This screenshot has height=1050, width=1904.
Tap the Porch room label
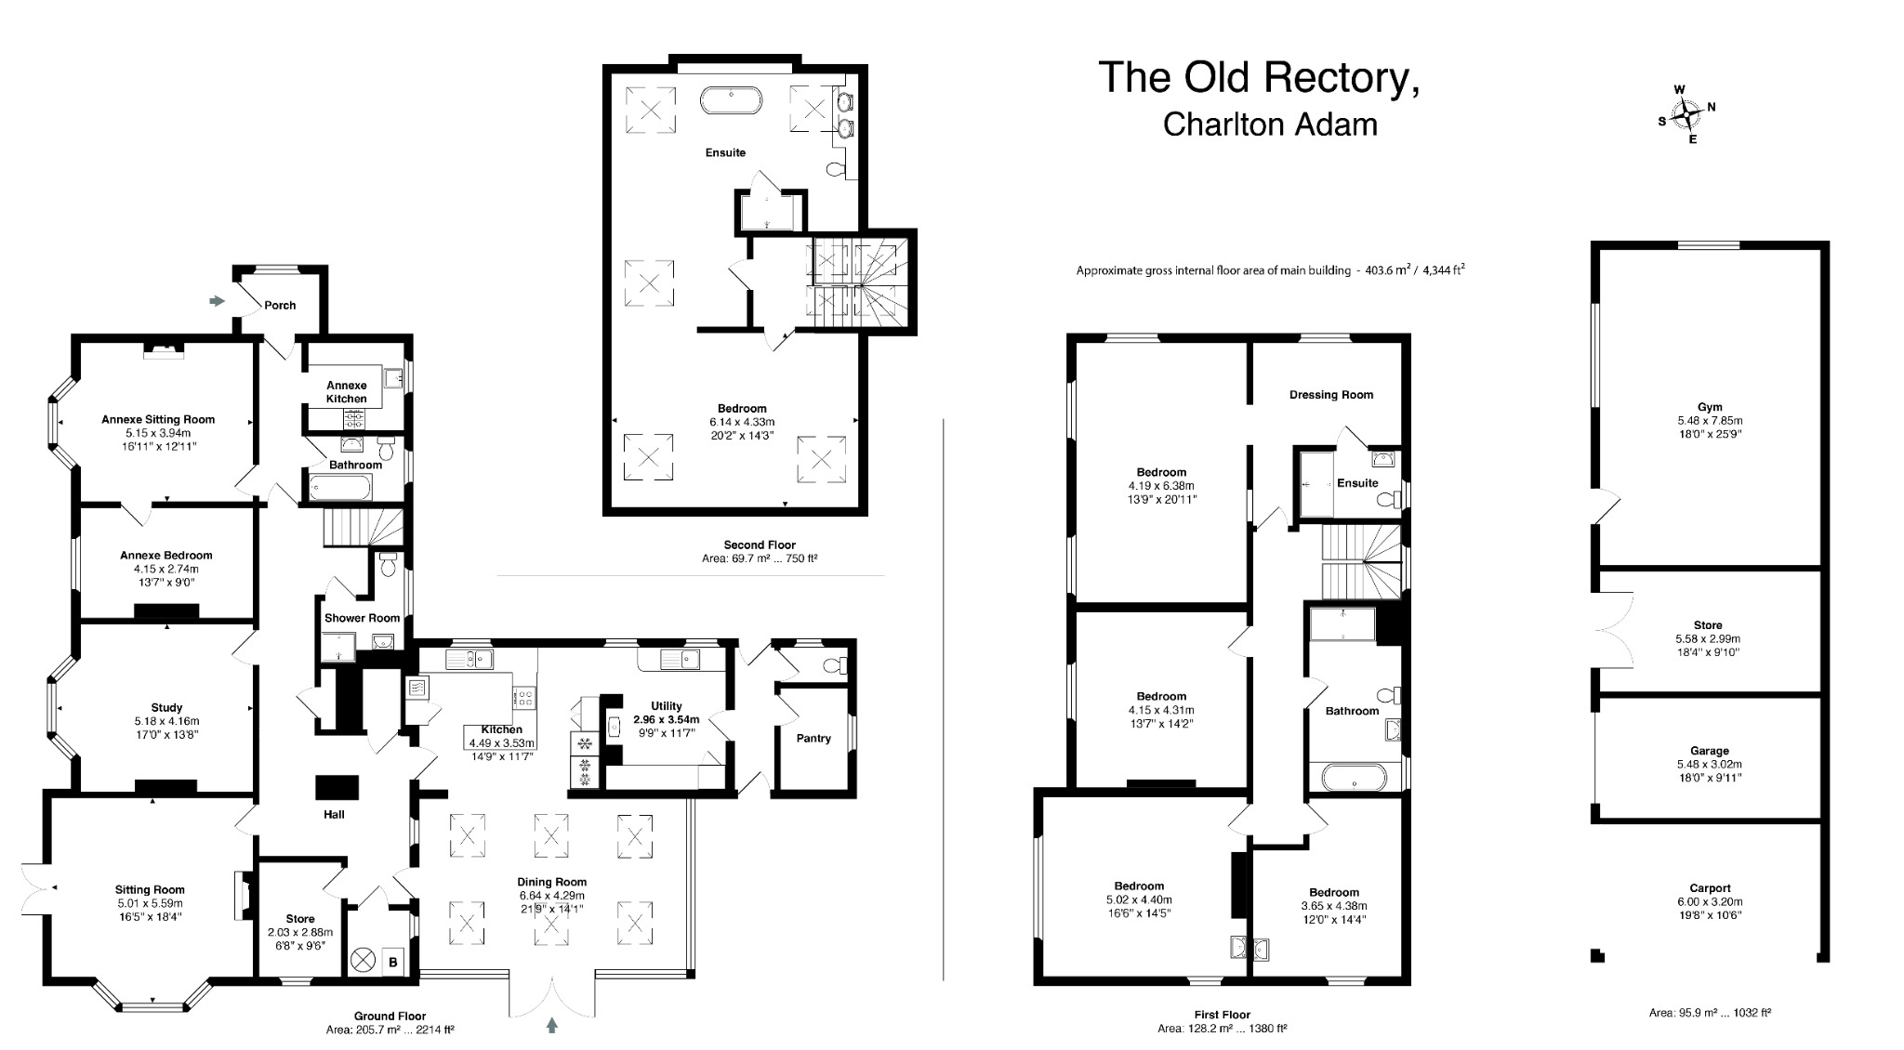(280, 305)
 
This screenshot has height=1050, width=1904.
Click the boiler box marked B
(393, 962)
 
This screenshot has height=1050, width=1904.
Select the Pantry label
(813, 738)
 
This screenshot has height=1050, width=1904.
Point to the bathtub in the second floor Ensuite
(732, 99)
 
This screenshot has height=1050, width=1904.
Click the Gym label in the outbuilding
(1710, 407)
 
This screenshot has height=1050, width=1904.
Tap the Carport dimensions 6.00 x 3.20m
(1710, 901)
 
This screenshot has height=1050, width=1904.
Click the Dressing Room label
(1330, 395)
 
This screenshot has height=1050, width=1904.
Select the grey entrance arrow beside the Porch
(218, 301)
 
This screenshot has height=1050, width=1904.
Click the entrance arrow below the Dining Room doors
(552, 1025)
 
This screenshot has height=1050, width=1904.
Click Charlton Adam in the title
(1270, 125)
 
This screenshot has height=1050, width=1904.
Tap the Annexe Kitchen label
(346, 392)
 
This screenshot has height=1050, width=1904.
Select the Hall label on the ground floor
(334, 814)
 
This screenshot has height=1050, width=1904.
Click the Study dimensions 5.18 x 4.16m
(166, 721)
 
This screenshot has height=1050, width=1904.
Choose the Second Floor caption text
(760, 545)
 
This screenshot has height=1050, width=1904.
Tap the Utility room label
(666, 706)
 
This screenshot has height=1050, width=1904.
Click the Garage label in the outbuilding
(1709, 751)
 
